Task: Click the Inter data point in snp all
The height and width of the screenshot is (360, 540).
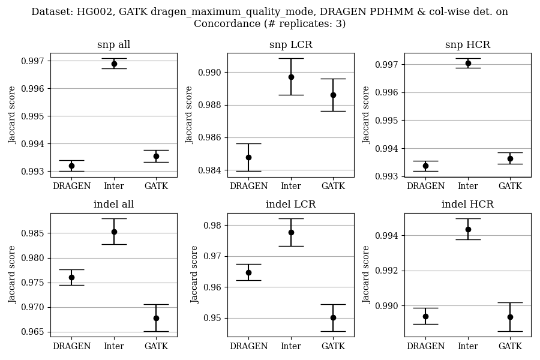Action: [x=114, y=64]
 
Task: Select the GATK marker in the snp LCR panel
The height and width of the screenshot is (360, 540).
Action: [x=333, y=95]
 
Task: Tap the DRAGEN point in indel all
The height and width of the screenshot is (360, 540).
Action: [x=71, y=277]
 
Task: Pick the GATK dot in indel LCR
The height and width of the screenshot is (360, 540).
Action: [x=333, y=317]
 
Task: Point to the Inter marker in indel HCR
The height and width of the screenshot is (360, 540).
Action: [x=468, y=229]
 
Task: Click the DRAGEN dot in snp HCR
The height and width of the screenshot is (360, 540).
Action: [x=425, y=166]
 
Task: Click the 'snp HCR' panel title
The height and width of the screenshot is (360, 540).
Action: [x=467, y=45]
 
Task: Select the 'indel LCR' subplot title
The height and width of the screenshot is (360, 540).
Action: [x=290, y=205]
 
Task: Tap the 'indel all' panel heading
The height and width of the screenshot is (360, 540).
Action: [x=113, y=205]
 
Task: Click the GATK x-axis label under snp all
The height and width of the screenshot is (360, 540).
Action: [x=156, y=186]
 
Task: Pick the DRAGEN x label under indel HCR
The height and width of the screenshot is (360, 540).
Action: [x=425, y=346]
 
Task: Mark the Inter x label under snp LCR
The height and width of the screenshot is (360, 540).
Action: [x=291, y=186]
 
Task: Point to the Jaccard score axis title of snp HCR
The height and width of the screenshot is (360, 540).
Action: [x=366, y=115]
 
